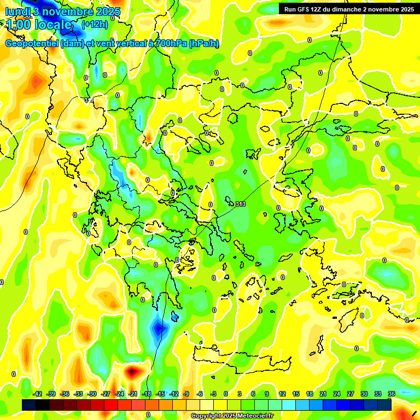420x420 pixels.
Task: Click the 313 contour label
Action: tap(241, 204)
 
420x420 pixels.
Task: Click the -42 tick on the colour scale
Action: tap(38, 394)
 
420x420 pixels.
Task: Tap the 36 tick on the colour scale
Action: tap(391, 394)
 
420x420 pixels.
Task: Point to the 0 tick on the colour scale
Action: tap(225, 394)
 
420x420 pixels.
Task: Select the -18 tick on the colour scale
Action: tap(147, 394)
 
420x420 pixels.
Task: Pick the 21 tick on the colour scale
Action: tap(323, 394)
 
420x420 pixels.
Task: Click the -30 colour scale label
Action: tap(92, 394)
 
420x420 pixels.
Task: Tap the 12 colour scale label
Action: tap(282, 394)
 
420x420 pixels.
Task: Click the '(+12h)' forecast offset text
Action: tap(95, 25)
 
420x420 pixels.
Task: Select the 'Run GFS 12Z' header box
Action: tap(348, 9)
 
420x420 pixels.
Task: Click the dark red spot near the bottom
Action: tap(132, 371)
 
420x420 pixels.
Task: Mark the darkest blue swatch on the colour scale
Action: tap(384, 405)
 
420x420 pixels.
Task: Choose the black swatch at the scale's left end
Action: tap(29, 405)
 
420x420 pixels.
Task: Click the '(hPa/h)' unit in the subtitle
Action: tap(203, 44)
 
